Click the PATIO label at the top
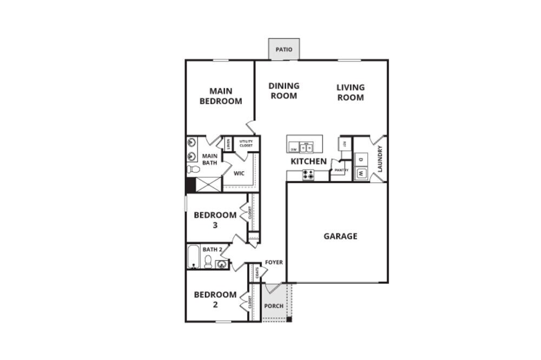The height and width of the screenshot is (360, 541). [284, 50]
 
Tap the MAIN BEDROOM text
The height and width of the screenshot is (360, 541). [221, 96]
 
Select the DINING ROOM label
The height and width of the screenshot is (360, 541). [284, 91]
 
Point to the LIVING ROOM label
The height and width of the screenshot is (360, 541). [351, 92]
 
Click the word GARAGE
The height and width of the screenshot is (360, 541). [340, 236]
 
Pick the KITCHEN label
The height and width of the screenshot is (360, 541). [308, 161]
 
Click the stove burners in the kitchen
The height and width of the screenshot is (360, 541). [308, 175]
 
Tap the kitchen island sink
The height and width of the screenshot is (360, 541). [307, 146]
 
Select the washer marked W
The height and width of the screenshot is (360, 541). [361, 174]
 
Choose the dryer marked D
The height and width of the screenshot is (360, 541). [361, 159]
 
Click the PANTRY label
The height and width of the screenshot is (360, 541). [340, 171]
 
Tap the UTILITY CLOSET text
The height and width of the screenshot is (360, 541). [246, 143]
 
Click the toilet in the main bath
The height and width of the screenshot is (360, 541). [193, 169]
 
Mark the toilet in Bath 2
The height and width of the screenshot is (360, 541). [208, 262]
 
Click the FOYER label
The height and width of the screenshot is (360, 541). [274, 263]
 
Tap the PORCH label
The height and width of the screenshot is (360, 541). [273, 306]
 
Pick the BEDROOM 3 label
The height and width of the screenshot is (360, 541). [215, 219]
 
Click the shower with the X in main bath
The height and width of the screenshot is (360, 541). [208, 184]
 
